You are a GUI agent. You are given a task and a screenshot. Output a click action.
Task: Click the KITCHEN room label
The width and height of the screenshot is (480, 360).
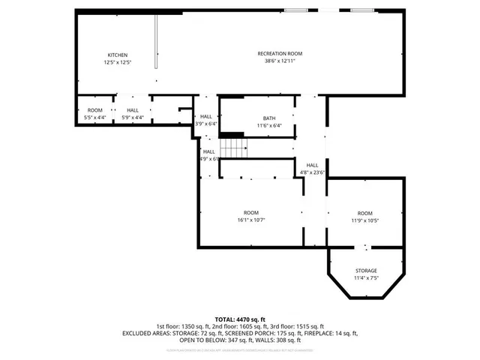point(118,55)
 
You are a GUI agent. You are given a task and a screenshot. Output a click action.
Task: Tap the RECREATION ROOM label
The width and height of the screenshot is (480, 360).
point(280,53)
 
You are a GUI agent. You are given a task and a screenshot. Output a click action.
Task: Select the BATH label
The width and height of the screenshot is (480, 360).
point(268,118)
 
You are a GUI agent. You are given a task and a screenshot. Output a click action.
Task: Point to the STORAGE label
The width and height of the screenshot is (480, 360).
point(366,271)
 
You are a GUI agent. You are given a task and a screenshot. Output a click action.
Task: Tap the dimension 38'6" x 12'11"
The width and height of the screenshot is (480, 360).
point(280,61)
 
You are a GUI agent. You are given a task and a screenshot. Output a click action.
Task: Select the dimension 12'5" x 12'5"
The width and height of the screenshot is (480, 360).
point(118,63)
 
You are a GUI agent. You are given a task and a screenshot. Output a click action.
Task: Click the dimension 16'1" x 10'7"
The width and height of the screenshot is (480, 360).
point(251,220)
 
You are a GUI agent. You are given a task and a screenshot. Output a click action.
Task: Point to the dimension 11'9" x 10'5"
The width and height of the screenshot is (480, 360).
point(364,220)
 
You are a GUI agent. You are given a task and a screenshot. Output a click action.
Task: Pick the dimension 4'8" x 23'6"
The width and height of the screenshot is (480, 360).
point(312,172)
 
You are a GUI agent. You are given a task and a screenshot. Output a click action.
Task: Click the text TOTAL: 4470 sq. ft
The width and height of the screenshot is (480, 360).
point(240,319)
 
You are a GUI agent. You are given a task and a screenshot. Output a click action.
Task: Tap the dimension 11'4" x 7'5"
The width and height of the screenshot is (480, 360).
point(366,278)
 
